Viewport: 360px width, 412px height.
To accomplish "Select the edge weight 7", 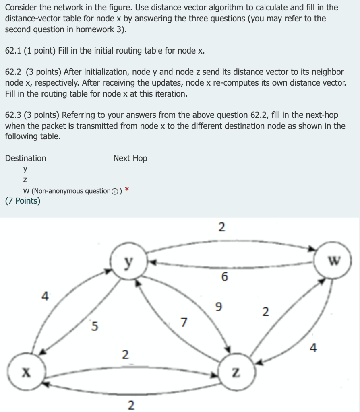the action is click(x=184, y=322).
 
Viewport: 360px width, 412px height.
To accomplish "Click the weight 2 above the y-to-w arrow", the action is click(x=221, y=227).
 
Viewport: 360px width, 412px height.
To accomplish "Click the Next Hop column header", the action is click(x=130, y=158).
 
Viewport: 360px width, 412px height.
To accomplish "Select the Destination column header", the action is click(x=26, y=158).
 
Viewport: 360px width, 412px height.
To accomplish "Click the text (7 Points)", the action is click(x=23, y=201).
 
